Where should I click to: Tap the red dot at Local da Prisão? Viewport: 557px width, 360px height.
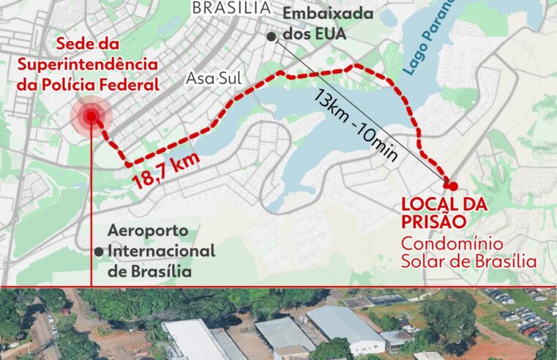pyautogui.click(x=453, y=186)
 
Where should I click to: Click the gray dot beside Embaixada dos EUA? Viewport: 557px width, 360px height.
pyautogui.click(x=272, y=36)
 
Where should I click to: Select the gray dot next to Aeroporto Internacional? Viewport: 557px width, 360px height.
pyautogui.click(x=98, y=251)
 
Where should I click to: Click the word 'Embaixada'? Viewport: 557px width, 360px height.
pyautogui.click(x=327, y=15)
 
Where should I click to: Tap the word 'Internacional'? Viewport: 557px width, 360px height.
pyautogui.click(x=161, y=251)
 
